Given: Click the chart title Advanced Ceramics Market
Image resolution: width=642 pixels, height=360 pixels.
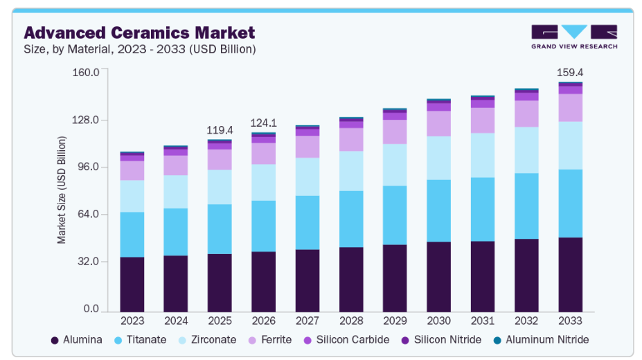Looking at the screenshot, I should pos(139,33).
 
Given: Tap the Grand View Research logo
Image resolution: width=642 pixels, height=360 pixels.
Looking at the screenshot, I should pos(574,37).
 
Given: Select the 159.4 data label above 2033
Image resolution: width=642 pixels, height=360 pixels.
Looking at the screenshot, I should pos(570,72).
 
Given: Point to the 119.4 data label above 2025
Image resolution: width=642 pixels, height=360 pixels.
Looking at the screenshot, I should pos(220,130).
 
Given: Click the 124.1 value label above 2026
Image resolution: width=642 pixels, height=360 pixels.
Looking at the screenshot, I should pos(263,123).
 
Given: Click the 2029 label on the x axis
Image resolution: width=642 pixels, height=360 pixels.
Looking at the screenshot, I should pos(395,321).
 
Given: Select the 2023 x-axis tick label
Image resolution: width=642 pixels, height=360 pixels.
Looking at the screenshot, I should pos(132,321).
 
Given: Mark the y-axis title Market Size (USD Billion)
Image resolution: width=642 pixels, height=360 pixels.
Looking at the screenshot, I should pos(62,190).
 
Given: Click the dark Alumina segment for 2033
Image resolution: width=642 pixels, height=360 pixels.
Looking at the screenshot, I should pos(570,274).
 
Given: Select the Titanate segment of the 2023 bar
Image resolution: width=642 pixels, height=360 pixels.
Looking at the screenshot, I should pos(132,234).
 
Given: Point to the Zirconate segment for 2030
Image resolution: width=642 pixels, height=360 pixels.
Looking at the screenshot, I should pos(438,158).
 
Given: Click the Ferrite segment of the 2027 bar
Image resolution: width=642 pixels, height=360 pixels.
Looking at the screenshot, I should pos(307,147).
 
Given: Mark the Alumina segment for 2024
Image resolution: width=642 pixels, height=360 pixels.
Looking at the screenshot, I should pos(176,283).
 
